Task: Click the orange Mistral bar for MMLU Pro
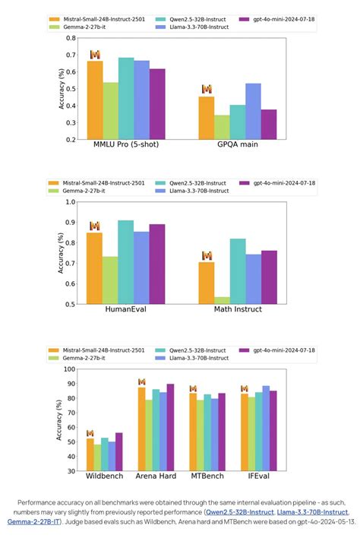click(95, 100)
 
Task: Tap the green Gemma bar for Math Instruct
click(222, 300)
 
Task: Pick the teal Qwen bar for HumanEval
click(126, 262)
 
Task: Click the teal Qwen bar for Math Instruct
click(238, 271)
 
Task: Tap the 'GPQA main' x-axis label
click(238, 146)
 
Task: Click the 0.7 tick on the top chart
click(71, 55)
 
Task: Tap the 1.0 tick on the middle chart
click(71, 202)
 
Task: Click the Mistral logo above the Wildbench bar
click(90, 433)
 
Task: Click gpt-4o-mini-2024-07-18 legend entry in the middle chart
click(280, 183)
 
